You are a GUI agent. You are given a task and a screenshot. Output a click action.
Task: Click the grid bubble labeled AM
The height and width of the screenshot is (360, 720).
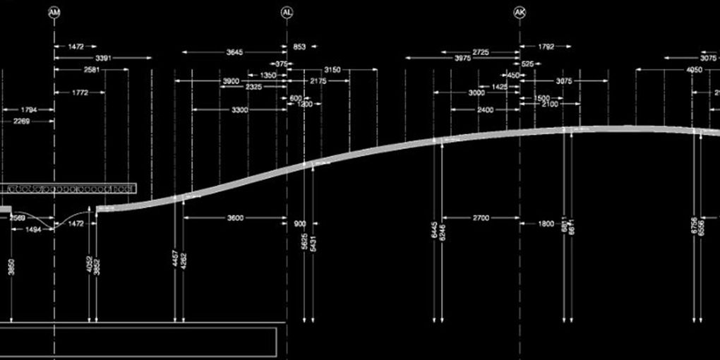click(54, 13)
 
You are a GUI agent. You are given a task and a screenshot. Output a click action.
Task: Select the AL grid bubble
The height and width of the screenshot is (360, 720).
click(287, 13)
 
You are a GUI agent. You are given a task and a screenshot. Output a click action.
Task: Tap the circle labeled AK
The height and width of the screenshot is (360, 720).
click(520, 13)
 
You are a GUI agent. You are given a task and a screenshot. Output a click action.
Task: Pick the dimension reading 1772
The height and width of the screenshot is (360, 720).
click(79, 92)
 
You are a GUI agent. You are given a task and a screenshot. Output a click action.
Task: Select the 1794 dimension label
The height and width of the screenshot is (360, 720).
click(29, 110)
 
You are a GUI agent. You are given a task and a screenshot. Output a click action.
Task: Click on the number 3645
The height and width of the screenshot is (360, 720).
click(235, 52)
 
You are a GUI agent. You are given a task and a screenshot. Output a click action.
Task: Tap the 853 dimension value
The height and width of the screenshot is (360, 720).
click(299, 47)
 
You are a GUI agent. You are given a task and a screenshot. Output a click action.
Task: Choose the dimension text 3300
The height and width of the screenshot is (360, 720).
click(239, 110)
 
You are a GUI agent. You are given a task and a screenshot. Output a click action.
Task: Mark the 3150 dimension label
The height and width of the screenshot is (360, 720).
click(331, 70)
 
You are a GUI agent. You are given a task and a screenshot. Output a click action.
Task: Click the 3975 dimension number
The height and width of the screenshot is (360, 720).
click(463, 59)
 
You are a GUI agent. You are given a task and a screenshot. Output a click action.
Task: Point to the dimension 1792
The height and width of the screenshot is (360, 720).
click(546, 47)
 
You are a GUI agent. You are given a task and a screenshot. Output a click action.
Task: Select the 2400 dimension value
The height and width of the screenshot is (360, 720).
click(485, 110)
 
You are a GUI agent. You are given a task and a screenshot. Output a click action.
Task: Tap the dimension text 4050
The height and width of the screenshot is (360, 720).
click(694, 70)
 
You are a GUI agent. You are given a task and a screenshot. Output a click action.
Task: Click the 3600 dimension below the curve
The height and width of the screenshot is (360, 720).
click(235, 218)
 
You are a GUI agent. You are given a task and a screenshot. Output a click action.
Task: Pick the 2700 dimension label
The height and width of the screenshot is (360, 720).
click(480, 218)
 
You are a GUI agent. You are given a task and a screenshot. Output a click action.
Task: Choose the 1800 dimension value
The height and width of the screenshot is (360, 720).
click(546, 224)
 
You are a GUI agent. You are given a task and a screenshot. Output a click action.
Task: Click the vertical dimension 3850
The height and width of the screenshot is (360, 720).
click(11, 267)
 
